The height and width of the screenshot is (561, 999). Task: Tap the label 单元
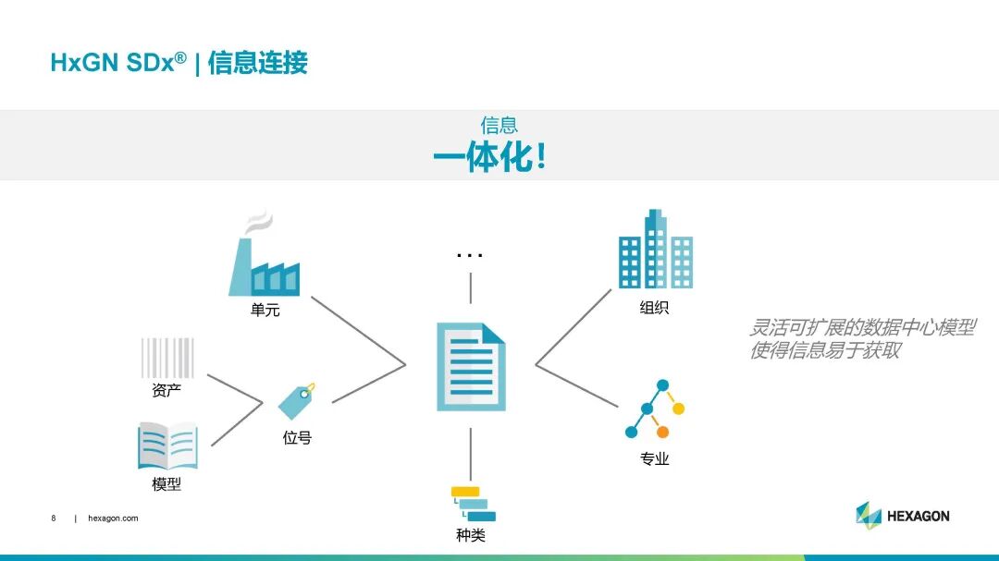pyautogui.click(x=265, y=311)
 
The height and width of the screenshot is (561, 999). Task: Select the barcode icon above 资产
pyautogui.click(x=167, y=358)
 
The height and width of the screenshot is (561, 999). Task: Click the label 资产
pyautogui.click(x=166, y=391)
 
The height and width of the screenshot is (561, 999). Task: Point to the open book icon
pyautogui.click(x=167, y=446)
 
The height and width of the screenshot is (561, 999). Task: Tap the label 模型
pyautogui.click(x=166, y=484)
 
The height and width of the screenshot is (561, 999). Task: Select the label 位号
pyautogui.click(x=297, y=438)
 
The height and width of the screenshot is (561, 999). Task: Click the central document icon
pyautogui.click(x=471, y=367)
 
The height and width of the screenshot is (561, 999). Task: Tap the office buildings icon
pyautogui.click(x=655, y=250)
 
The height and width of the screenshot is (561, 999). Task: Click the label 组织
pyautogui.click(x=654, y=308)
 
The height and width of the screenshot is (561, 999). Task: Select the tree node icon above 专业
pyautogui.click(x=655, y=409)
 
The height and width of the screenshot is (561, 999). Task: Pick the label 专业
pyautogui.click(x=654, y=458)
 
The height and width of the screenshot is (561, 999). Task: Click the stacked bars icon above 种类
pyautogui.click(x=473, y=504)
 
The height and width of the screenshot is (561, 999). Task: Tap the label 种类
pyautogui.click(x=471, y=535)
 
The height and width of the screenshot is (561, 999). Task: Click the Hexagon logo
pyautogui.click(x=902, y=515)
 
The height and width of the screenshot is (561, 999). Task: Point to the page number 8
pyautogui.click(x=54, y=518)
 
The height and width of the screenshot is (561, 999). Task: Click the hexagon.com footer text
pyautogui.click(x=113, y=518)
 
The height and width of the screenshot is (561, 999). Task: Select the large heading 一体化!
pyautogui.click(x=490, y=158)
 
